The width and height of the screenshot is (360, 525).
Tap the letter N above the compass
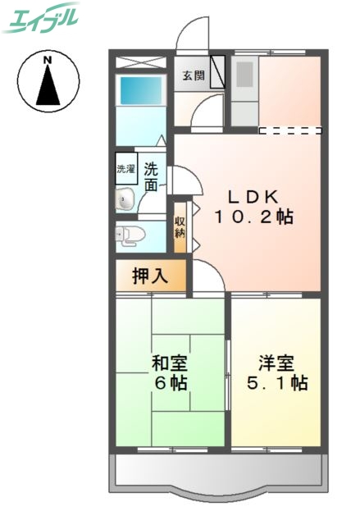tap(48, 60)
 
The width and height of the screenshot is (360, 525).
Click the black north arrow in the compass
tap(48, 85)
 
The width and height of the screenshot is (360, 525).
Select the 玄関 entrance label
tap(193, 75)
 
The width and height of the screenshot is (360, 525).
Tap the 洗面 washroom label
tap(152, 178)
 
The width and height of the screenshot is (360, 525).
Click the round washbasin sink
tap(125, 199)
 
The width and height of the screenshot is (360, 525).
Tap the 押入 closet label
tap(150, 276)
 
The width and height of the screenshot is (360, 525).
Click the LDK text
tap(253, 197)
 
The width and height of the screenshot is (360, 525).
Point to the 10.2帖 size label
tap(253, 217)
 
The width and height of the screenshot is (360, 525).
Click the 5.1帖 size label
tap(275, 383)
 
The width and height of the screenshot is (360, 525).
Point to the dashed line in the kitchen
tap(289, 130)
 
